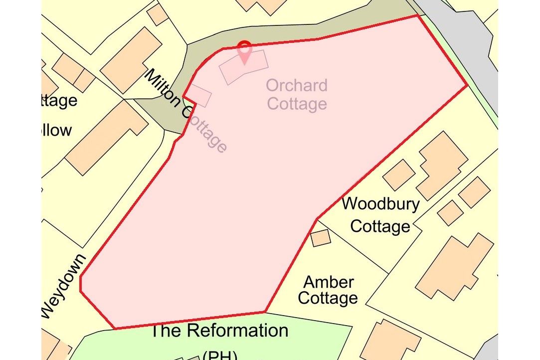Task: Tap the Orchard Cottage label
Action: pyautogui.click(x=297, y=94)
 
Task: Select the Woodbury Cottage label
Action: pyautogui.click(x=380, y=215)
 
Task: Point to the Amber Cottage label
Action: pyautogui.click(x=329, y=290)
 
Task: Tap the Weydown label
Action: pyautogui.click(x=63, y=287)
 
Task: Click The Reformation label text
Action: pyautogui.click(x=219, y=331)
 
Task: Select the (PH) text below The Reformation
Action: pyautogui.click(x=219, y=355)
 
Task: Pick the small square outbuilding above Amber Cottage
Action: pyautogui.click(x=321, y=237)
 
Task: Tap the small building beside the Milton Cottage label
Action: pyautogui.click(x=199, y=95)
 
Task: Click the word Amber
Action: pyautogui.click(x=329, y=282)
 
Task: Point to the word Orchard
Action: pyautogui.click(x=297, y=85)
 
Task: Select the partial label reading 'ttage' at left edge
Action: pyautogui.click(x=59, y=101)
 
